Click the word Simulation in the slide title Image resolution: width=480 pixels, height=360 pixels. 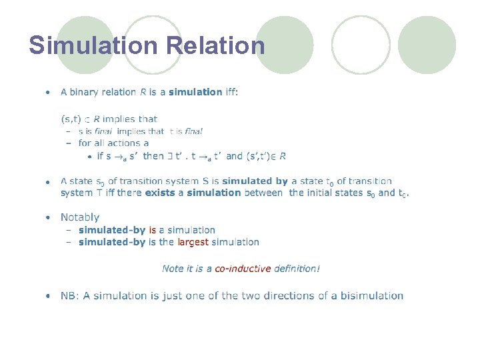coord(94,45)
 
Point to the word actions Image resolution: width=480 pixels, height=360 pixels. coord(127,143)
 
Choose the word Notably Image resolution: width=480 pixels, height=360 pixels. coord(79,217)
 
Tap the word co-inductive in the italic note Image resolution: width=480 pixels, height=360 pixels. coord(243,269)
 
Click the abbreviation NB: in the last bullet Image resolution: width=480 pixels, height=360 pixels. coord(69,296)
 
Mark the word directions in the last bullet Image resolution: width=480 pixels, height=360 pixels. coord(295,296)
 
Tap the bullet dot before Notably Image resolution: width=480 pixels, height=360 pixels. coord(48,217)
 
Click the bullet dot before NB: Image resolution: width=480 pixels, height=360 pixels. coord(48,296)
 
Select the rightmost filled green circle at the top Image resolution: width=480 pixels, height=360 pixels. coord(427,45)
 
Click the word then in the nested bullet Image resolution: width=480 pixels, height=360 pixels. coord(153,156)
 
